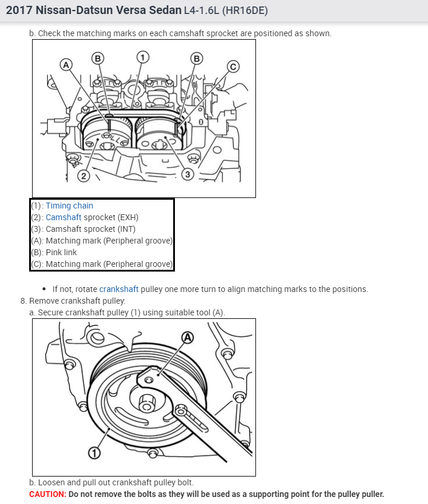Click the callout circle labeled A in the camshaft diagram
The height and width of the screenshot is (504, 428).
point(66,64)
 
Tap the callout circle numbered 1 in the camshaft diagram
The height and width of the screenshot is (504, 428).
point(142,57)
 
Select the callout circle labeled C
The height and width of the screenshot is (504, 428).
point(233,67)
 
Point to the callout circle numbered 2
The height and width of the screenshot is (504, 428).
point(83,176)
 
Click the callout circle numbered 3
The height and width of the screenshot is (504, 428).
point(187,174)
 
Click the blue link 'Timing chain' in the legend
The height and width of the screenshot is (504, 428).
point(69,206)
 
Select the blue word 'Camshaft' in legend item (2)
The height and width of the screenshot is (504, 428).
point(64,217)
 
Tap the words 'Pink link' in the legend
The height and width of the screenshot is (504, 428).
point(61,252)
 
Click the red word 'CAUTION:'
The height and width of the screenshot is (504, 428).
point(47,494)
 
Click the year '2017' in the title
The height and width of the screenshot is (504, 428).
point(20,11)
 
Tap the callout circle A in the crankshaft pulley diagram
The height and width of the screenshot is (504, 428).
point(187,337)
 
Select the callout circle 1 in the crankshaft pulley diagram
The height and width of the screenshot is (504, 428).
point(93,452)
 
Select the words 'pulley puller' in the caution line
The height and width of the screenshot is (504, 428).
point(358,494)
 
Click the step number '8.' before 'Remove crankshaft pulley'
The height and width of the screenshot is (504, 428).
point(23,301)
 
